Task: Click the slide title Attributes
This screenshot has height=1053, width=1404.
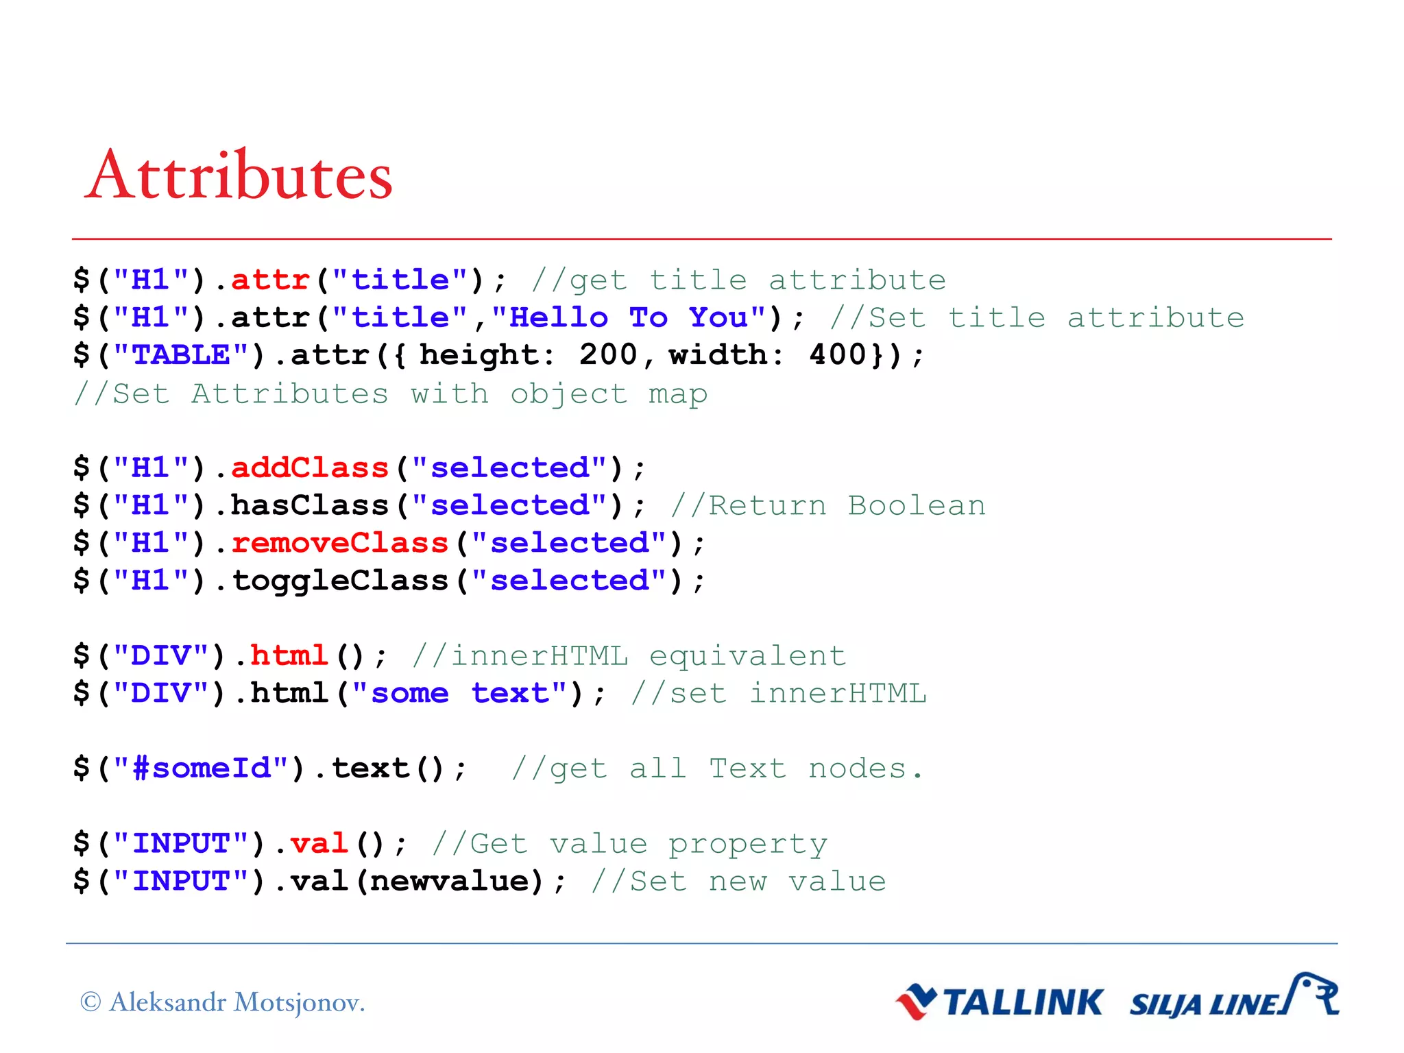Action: [239, 175]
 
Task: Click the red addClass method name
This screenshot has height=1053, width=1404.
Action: [310, 468]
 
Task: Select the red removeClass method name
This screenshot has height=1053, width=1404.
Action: [339, 543]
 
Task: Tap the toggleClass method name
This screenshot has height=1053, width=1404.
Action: [339, 581]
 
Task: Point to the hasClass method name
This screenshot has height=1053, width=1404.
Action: [310, 506]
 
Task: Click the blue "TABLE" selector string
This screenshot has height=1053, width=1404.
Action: [181, 355]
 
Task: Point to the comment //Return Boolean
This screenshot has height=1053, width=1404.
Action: [827, 506]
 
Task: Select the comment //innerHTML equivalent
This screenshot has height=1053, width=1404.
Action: [629, 656]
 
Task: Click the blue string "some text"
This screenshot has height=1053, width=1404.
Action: [459, 694]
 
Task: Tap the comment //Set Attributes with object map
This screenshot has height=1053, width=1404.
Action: [391, 394]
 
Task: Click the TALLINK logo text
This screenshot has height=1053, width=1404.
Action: [1021, 1003]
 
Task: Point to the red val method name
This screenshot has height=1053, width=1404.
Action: [319, 844]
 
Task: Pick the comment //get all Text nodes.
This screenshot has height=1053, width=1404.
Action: [717, 768]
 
